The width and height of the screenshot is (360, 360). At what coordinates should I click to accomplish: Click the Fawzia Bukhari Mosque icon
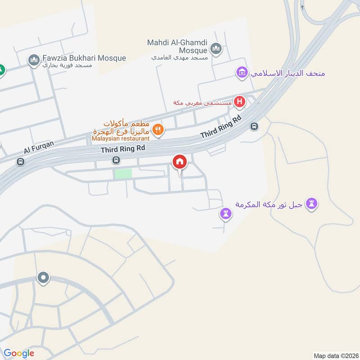coord(34,60)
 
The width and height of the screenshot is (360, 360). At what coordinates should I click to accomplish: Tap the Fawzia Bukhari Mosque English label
coord(84,58)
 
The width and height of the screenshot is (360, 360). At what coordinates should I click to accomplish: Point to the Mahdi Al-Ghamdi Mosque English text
coord(177,47)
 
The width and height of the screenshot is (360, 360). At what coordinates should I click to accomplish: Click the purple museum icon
coord(242,72)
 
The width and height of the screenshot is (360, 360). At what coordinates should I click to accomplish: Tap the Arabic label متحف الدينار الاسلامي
coord(288,72)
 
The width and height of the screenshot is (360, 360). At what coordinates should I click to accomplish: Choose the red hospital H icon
coord(240,102)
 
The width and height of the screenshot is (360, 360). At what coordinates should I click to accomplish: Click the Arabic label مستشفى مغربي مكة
coord(202,103)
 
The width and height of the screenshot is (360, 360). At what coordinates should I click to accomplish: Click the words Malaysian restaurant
coord(120,139)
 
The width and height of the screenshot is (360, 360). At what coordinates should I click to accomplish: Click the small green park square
coord(123,174)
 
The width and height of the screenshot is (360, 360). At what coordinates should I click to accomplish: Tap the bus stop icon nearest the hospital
coord(254,126)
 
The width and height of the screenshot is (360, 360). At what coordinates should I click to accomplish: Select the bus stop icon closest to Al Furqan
coord(20,162)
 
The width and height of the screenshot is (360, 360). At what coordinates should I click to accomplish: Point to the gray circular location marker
coord(43,278)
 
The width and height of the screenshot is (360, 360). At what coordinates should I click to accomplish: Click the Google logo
coord(19,353)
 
